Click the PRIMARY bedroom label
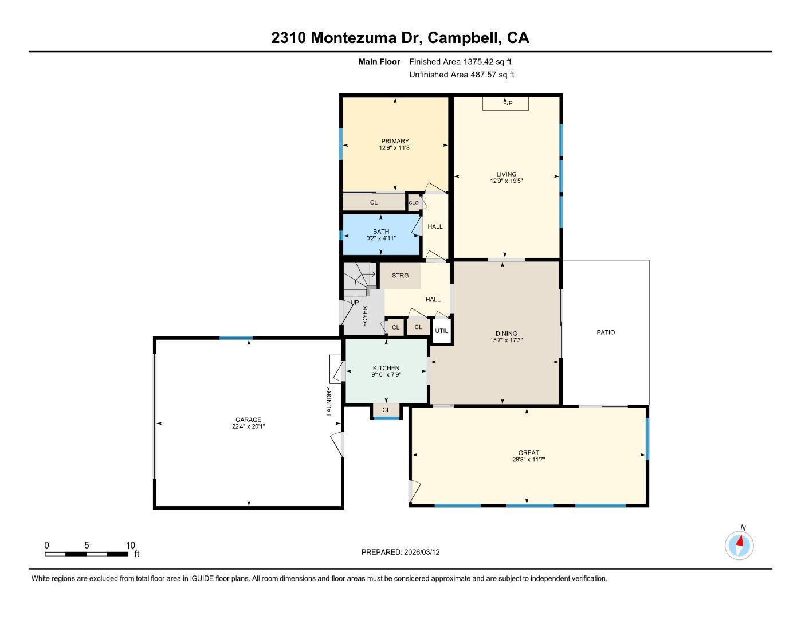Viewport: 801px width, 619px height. (x=395, y=141)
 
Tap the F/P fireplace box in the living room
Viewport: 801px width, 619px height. (x=505, y=104)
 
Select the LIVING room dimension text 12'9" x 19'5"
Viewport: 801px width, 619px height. (x=506, y=181)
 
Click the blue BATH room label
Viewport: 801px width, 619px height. (x=381, y=232)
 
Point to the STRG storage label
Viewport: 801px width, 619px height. (x=400, y=276)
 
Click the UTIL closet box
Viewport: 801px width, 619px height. (x=441, y=331)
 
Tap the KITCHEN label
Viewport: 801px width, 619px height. (x=386, y=368)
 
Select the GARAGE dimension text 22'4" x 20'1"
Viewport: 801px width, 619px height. (x=249, y=426)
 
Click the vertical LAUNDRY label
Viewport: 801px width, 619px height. (x=329, y=401)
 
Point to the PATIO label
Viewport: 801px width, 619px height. (x=606, y=332)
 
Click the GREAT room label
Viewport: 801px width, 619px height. (x=528, y=453)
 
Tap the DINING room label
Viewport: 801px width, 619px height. (x=506, y=334)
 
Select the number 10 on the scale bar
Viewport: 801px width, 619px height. (x=130, y=545)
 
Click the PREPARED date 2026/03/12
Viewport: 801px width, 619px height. (x=422, y=553)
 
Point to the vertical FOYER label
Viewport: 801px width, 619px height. (x=365, y=316)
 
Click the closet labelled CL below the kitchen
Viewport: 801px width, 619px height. (x=386, y=410)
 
